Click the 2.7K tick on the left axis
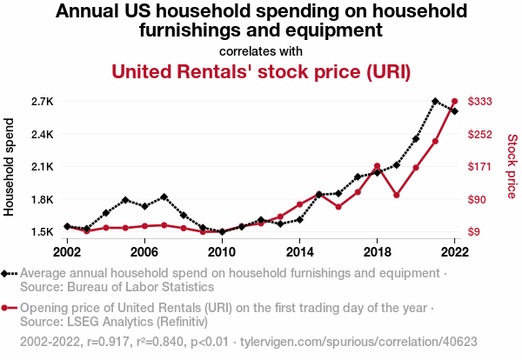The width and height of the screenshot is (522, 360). click(42, 102)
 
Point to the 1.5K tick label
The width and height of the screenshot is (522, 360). click(42, 232)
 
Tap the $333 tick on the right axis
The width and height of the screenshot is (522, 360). click(481, 102)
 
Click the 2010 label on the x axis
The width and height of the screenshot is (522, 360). click(222, 251)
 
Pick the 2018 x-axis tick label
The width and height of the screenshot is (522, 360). click(377, 251)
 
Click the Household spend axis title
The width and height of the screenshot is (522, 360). click(10, 167)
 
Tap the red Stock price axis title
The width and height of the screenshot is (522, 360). click(512, 165)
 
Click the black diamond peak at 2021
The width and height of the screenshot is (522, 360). click(435, 102)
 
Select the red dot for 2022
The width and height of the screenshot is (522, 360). click(454, 102)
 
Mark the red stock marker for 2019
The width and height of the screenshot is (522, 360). click(396, 195)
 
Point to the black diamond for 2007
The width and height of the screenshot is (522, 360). click(164, 197)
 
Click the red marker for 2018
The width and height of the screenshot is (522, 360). click(377, 166)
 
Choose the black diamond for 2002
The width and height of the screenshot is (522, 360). click(67, 226)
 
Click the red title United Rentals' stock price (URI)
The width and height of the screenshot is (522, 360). click(261, 70)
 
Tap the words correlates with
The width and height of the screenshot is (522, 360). click(261, 50)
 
